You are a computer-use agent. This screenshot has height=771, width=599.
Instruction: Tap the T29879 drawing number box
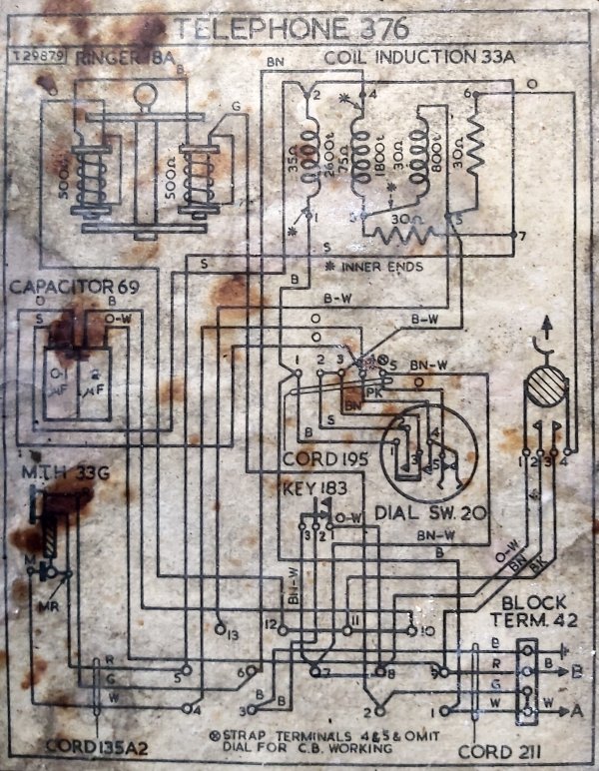pyautogui.click(x=38, y=58)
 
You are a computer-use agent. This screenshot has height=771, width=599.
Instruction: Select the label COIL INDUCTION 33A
pyautogui.click(x=418, y=58)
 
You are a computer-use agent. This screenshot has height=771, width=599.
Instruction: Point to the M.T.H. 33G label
pyautogui.click(x=63, y=471)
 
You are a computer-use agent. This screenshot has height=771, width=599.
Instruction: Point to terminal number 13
pyautogui.click(x=231, y=634)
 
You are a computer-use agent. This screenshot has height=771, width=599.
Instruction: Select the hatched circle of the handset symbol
pyautogui.click(x=545, y=390)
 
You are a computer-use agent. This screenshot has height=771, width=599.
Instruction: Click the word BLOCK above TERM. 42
pyautogui.click(x=534, y=603)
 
